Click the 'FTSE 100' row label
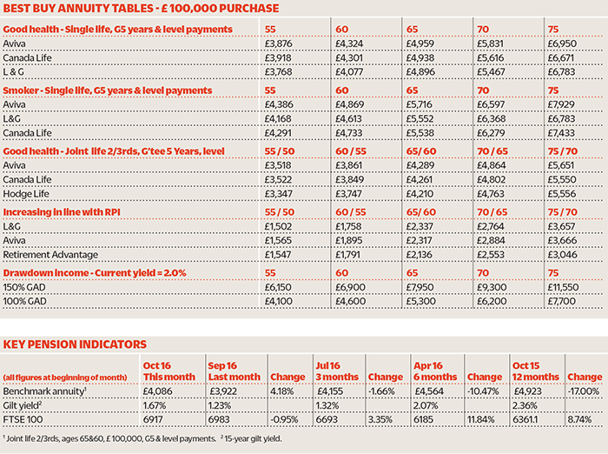coord(23,419)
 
